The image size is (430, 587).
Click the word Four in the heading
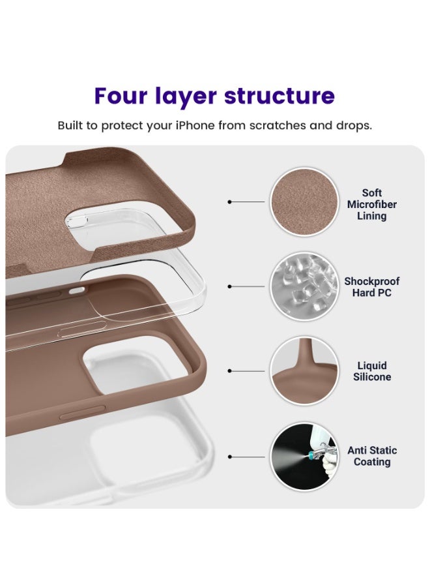(x=121, y=95)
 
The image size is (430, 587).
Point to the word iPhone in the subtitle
(x=195, y=125)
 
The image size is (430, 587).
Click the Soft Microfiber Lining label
(x=371, y=204)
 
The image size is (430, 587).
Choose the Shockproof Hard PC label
(x=371, y=287)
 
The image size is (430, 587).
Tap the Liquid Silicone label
(x=372, y=371)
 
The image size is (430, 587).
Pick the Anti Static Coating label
(x=372, y=456)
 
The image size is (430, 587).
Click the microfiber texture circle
(x=304, y=202)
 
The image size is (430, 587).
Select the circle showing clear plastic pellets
(x=304, y=286)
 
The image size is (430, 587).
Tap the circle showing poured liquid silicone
(x=304, y=370)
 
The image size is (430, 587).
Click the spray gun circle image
(x=304, y=457)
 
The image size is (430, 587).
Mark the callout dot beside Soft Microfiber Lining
(x=229, y=202)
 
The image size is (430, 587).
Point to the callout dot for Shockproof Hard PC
(x=229, y=286)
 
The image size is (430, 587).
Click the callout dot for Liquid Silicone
(x=229, y=370)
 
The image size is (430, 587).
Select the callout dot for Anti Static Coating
(x=229, y=457)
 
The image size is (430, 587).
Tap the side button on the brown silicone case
(x=83, y=412)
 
